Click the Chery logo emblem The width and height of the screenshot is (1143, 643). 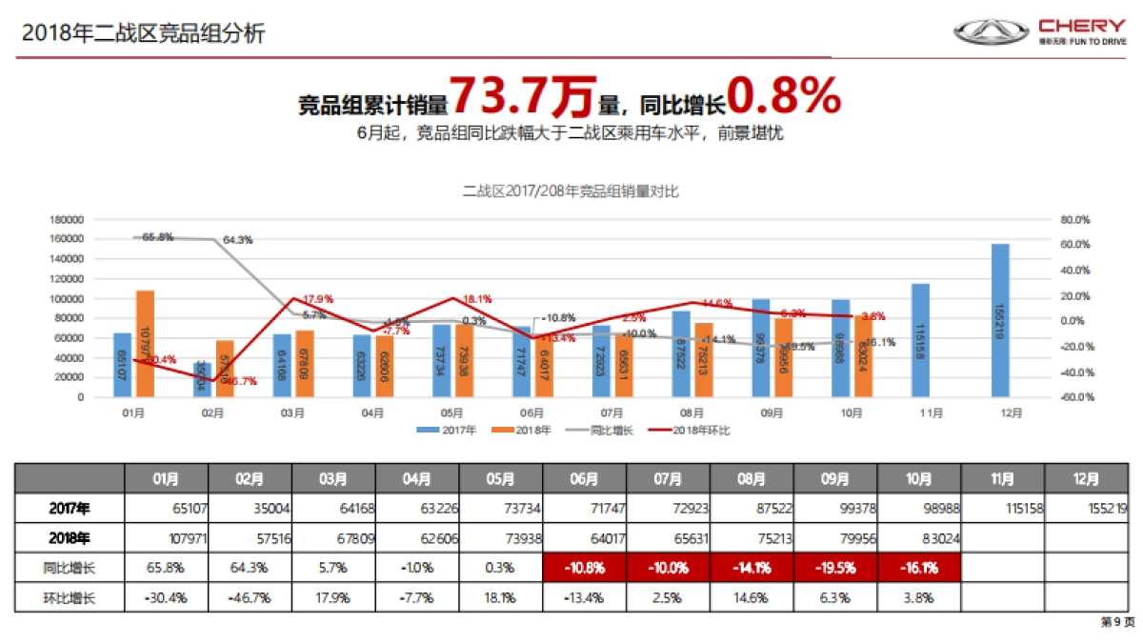(992, 32)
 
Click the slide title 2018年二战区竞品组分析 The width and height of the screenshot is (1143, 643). (143, 34)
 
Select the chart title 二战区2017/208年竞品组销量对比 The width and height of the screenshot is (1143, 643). (570, 191)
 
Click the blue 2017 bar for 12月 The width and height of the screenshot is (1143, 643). (1000, 320)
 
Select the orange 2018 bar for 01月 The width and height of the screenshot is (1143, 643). (145, 343)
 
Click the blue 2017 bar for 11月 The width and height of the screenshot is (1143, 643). (920, 340)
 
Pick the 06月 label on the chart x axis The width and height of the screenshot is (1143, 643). (532, 413)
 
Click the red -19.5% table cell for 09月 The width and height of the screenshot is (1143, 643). (835, 569)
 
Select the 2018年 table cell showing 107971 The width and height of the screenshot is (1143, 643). (167, 538)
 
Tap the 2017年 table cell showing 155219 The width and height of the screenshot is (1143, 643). (1087, 508)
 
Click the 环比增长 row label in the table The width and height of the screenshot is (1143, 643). (70, 598)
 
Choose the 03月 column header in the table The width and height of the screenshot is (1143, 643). (333, 478)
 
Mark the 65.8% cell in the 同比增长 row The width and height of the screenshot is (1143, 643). (167, 569)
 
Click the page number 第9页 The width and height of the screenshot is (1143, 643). (1117, 622)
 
